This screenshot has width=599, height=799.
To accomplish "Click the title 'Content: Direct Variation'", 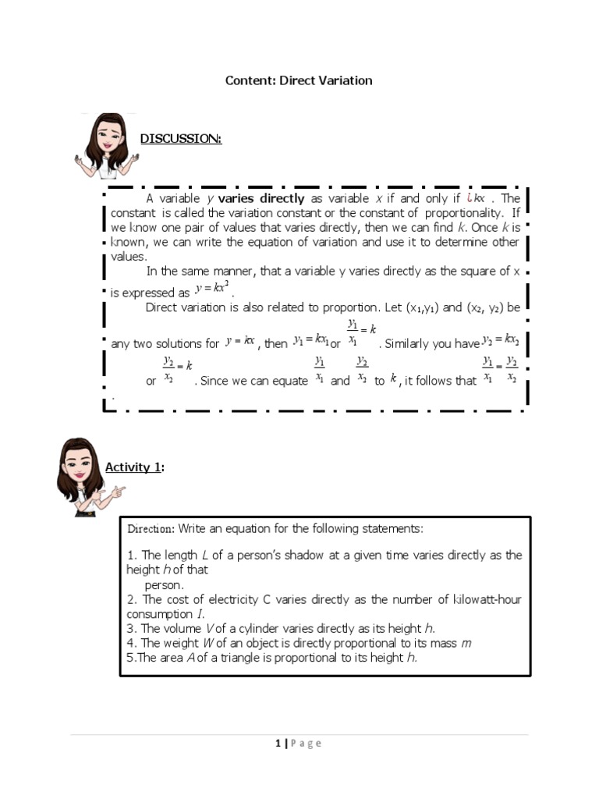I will click(299, 80).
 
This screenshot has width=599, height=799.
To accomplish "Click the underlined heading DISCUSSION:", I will click(180, 139).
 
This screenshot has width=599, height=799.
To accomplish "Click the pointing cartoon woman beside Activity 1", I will click(86, 477).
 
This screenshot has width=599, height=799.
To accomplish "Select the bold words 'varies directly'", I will click(266, 198).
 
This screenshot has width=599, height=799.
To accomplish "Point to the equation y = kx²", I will click(212, 289).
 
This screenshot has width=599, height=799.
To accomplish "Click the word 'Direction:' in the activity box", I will click(151, 529).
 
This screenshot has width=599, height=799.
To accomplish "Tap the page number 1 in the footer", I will click(278, 744).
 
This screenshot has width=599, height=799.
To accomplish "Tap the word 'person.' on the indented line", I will click(164, 584).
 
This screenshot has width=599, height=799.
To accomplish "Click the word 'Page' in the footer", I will click(306, 744).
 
